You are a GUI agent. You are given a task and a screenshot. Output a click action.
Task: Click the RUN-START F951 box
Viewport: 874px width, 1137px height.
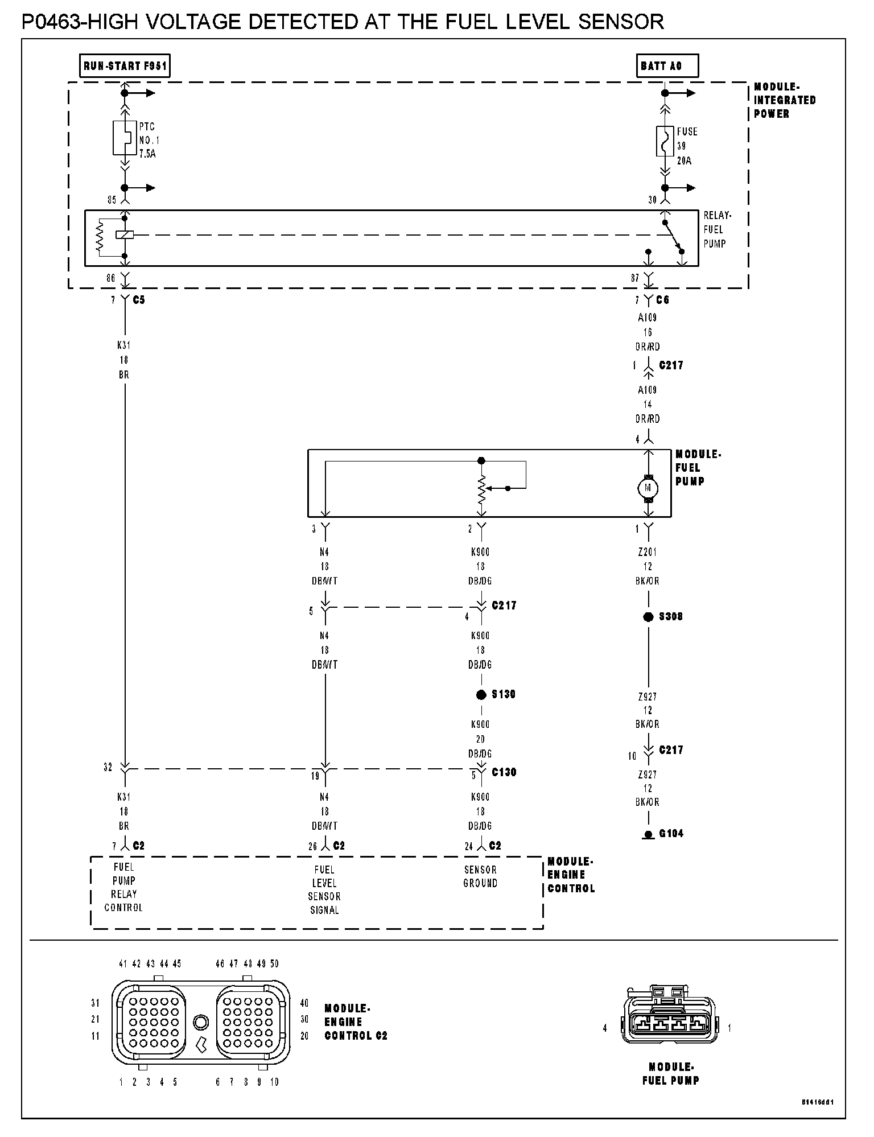point(125,66)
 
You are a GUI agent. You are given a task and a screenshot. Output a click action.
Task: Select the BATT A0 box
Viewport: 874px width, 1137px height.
point(666,66)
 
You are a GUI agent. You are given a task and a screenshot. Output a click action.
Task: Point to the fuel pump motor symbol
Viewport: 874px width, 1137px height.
point(648,488)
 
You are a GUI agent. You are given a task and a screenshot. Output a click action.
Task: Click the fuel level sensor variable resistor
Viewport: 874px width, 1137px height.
point(481,489)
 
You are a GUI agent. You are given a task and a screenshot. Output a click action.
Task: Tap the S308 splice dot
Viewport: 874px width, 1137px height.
point(648,617)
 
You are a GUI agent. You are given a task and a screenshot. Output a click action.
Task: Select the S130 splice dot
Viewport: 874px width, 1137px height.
point(481,694)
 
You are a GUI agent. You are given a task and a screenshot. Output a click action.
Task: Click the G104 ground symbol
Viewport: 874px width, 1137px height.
point(648,835)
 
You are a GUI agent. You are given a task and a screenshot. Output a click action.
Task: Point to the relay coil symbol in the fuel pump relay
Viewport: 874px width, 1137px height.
point(124,234)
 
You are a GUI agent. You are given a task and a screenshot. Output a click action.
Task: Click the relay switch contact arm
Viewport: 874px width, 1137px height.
point(672,236)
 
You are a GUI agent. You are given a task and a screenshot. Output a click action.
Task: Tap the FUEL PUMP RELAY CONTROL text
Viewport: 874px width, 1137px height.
point(123,887)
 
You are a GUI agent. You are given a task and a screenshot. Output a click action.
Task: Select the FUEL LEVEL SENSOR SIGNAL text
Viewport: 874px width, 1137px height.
point(324,890)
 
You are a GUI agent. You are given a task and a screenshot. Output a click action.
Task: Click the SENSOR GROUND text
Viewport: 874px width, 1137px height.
point(481,876)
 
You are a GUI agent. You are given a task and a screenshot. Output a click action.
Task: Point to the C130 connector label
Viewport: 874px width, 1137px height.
point(504,772)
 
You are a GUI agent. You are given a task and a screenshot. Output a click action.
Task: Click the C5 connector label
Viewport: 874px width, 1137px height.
point(139,300)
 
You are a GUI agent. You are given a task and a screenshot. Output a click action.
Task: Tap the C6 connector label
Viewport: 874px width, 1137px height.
point(663,300)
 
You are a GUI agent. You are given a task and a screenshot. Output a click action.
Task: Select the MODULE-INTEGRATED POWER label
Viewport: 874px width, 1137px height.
point(785,100)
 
